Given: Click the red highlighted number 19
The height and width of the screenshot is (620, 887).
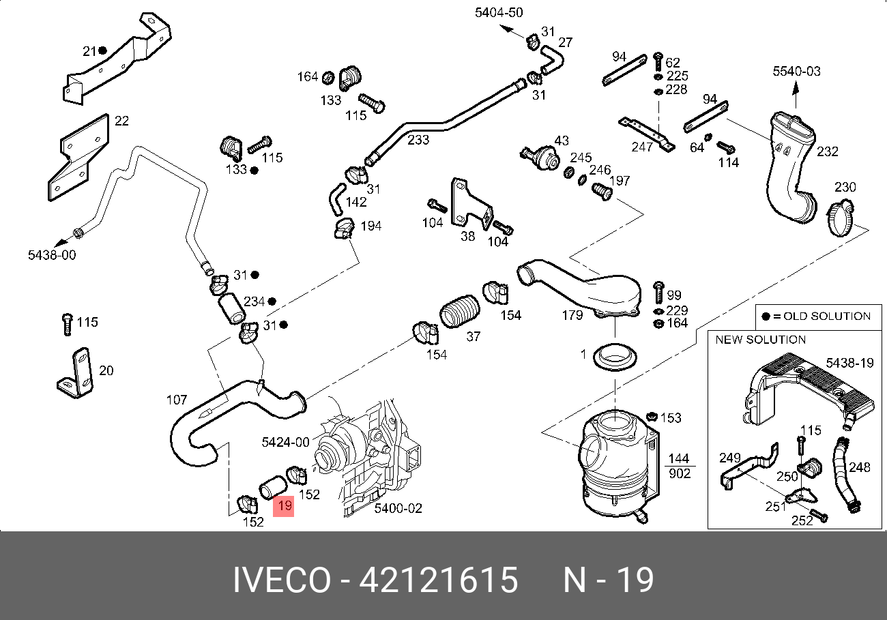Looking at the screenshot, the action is click(x=284, y=506).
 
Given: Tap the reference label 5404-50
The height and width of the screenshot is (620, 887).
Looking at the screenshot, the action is click(x=499, y=13).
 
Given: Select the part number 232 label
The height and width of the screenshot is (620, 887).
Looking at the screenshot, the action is click(x=827, y=151).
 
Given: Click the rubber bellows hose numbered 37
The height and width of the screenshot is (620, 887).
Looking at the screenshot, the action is click(x=459, y=311).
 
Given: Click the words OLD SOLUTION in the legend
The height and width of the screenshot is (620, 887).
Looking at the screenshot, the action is click(x=827, y=316).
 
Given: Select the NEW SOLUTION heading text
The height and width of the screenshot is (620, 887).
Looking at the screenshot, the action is click(x=760, y=340).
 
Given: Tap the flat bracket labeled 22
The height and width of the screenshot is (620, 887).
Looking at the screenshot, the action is click(x=79, y=158).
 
